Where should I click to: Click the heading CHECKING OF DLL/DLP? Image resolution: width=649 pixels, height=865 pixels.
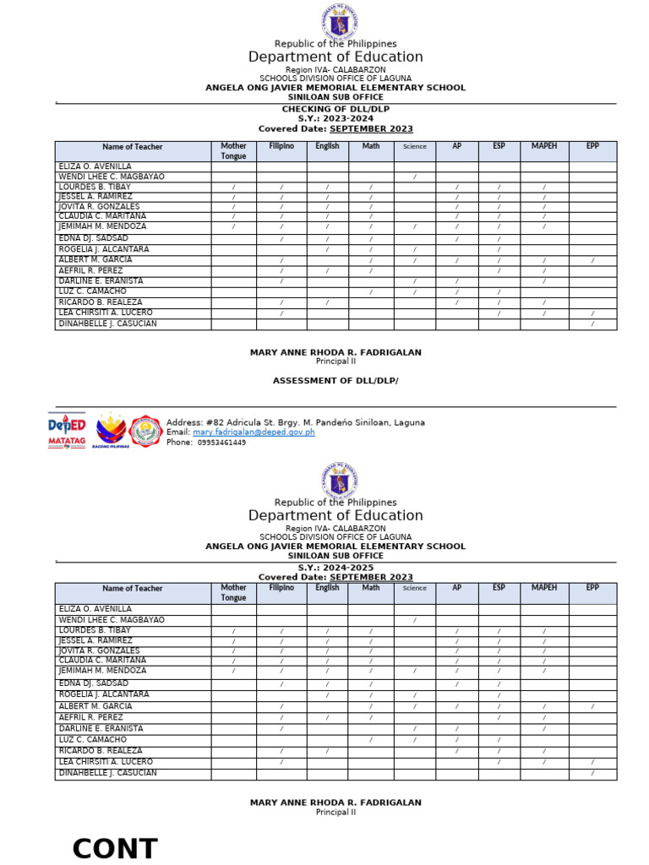[x=335, y=109]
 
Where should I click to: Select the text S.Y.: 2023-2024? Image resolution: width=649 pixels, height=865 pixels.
[x=335, y=119]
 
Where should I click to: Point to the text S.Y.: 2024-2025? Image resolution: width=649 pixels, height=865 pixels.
[x=335, y=569]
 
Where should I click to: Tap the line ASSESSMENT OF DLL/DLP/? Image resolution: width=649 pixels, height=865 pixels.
[x=335, y=381]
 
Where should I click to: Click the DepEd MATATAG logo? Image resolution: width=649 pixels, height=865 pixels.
[x=67, y=431]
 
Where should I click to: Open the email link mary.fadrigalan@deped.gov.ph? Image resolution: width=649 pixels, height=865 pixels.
[x=254, y=432]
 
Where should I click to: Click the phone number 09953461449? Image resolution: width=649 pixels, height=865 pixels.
[x=221, y=443]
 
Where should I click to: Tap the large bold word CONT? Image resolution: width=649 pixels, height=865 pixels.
[x=115, y=849]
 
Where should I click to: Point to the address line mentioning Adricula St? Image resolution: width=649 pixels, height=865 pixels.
[x=296, y=422]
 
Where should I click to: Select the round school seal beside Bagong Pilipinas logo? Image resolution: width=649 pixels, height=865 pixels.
[x=146, y=431]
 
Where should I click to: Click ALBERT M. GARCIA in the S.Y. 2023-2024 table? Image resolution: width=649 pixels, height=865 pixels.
[x=95, y=260]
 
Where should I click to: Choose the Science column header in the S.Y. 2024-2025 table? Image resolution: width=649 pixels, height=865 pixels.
[x=415, y=589]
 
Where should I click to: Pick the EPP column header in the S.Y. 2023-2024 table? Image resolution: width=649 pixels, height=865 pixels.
[x=592, y=146]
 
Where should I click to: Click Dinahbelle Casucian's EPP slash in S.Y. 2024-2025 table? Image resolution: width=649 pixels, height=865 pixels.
[x=592, y=774]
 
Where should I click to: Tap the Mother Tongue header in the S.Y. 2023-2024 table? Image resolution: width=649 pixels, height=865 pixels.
[x=233, y=151]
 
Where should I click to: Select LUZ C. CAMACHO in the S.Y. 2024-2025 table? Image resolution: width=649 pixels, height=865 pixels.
[x=92, y=740]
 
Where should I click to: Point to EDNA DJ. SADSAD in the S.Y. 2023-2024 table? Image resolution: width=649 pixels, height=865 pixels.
[x=93, y=239]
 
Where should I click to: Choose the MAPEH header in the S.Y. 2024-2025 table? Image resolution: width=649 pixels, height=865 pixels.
[x=544, y=588]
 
